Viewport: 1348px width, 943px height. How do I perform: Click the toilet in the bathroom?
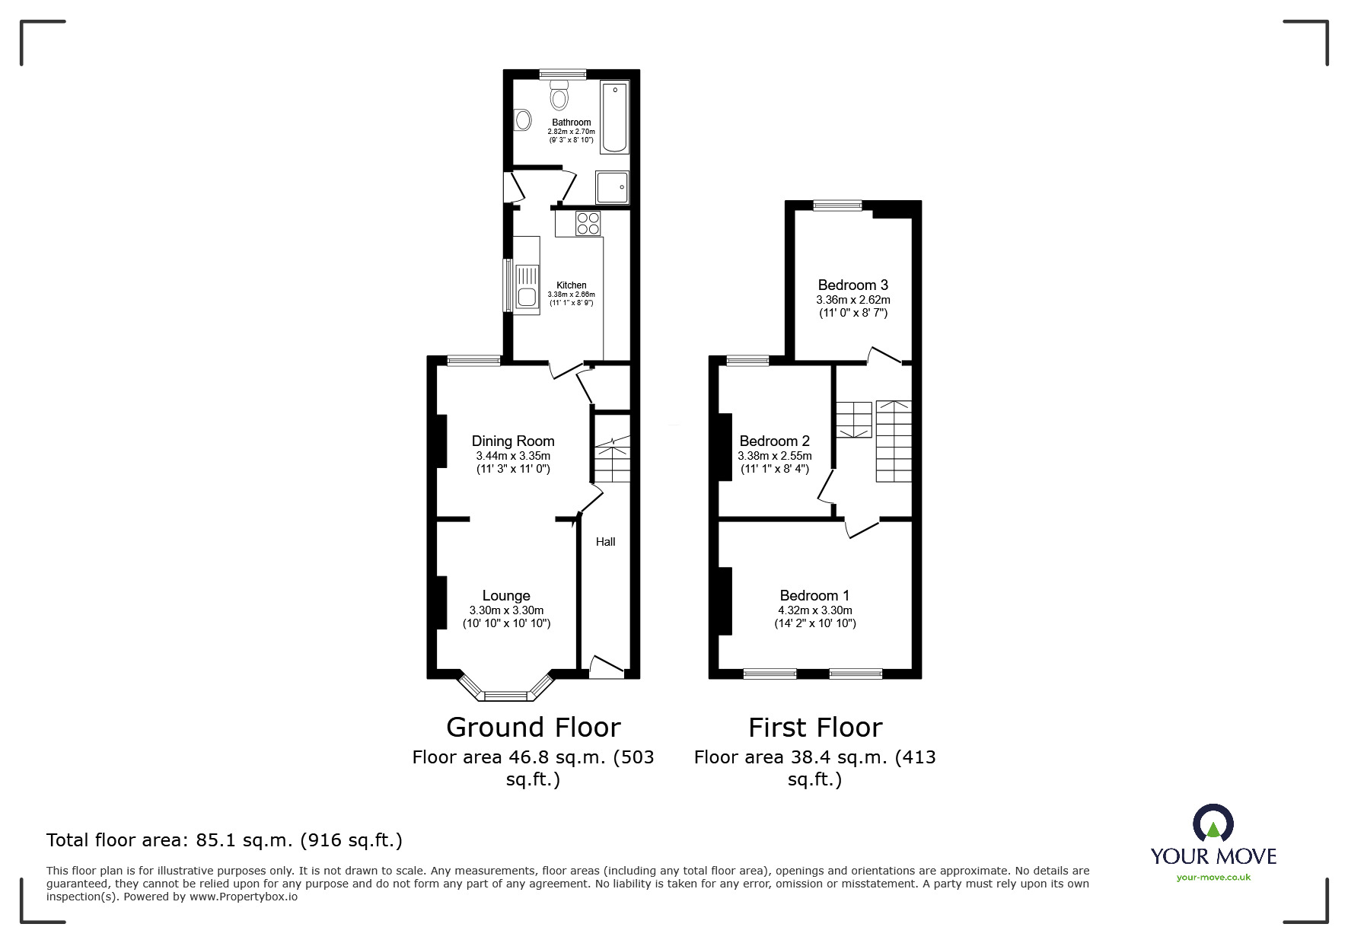pyautogui.click(x=559, y=95)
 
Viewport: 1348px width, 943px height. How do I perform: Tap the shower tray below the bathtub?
pyautogui.click(x=612, y=187)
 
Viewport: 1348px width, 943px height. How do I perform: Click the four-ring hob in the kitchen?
pyautogui.click(x=588, y=223)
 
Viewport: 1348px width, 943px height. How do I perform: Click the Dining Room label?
pyautogui.click(x=513, y=441)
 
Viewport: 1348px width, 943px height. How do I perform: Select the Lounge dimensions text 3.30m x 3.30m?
pyautogui.click(x=506, y=610)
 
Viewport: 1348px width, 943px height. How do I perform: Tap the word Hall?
pyautogui.click(x=606, y=542)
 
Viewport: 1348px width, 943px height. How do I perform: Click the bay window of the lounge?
pyautogui.click(x=505, y=694)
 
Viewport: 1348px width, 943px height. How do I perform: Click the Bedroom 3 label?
pyautogui.click(x=852, y=285)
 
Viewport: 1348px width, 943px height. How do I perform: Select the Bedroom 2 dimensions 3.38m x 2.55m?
pyautogui.click(x=774, y=456)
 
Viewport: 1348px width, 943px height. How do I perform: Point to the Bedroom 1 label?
pyautogui.click(x=814, y=595)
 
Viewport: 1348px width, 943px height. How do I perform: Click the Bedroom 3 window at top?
pyautogui.click(x=837, y=205)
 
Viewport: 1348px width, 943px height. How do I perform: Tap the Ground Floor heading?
pyautogui.click(x=533, y=728)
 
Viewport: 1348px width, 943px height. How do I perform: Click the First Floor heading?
pyautogui.click(x=814, y=728)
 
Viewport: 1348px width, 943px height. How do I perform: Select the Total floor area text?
pyautogui.click(x=225, y=840)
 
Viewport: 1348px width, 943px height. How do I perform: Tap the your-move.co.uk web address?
pyautogui.click(x=1213, y=878)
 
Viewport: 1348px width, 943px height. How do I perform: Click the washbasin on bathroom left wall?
pyautogui.click(x=523, y=120)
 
